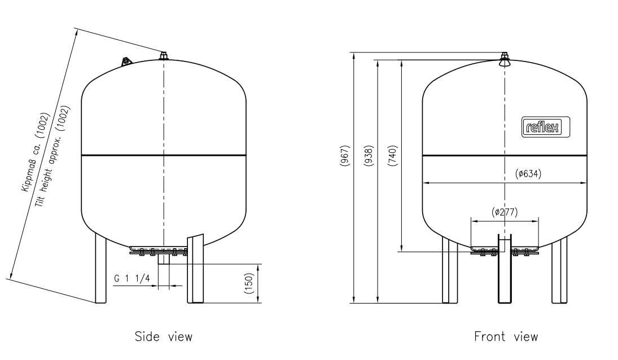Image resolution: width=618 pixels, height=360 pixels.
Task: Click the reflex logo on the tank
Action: point(546,127)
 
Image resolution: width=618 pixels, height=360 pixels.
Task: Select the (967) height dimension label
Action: point(345,156)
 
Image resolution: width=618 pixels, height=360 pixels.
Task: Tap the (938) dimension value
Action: point(369,156)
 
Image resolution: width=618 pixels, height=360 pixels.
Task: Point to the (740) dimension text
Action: point(393,156)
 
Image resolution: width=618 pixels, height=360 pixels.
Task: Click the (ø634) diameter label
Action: point(528,174)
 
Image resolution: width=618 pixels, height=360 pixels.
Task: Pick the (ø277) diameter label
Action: point(505,212)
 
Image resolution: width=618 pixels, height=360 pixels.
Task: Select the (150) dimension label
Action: point(249,283)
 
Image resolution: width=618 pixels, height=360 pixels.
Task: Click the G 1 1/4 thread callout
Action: point(132,279)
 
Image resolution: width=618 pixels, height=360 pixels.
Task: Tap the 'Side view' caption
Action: point(164,337)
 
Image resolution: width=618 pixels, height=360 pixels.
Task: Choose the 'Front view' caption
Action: point(506,337)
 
